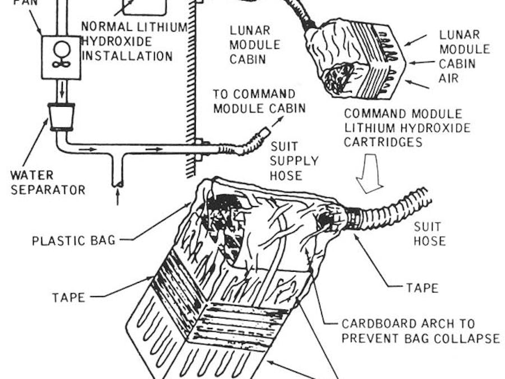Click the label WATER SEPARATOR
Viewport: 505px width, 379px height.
point(48,182)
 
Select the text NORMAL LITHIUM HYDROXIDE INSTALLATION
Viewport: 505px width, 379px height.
point(127,42)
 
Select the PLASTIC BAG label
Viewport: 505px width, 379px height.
point(74,241)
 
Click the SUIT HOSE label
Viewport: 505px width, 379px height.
point(429,234)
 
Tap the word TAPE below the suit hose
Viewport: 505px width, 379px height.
point(422,288)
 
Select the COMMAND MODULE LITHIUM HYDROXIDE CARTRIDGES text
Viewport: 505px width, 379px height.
point(406,129)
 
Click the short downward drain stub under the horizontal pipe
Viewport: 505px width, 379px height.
point(117,174)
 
